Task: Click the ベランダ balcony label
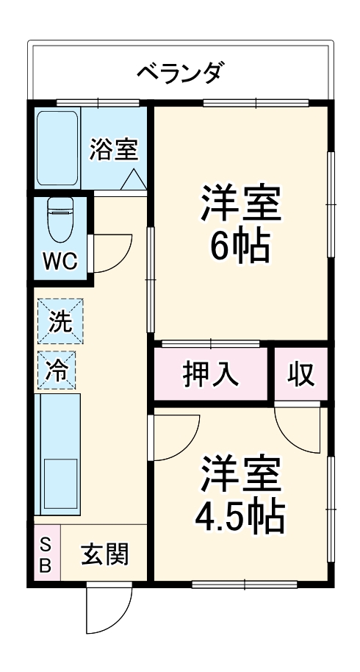tap(180, 73)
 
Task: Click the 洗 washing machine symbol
tap(60, 321)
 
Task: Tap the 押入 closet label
tap(211, 375)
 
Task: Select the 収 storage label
tap(300, 375)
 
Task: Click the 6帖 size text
tap(240, 248)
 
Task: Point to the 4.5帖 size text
tap(240, 519)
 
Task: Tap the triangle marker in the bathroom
tap(132, 179)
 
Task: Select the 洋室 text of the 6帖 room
tap(240, 204)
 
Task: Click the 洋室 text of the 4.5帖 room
tap(240, 475)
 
